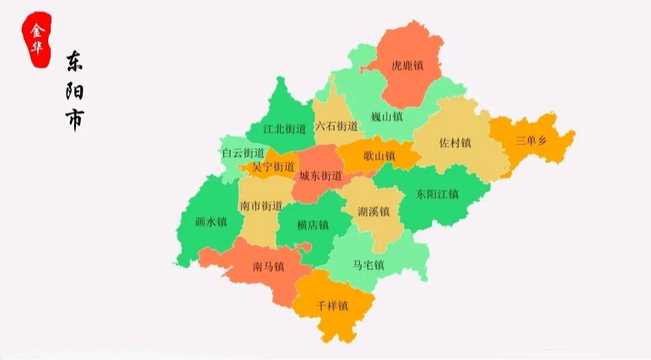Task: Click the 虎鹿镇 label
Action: (x=407, y=65)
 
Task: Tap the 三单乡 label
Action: (x=531, y=141)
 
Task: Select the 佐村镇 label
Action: (x=455, y=144)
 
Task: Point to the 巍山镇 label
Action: (x=386, y=116)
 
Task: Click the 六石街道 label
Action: (x=336, y=127)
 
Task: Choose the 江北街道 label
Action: (x=285, y=128)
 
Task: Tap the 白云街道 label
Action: (x=243, y=153)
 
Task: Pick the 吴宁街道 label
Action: (x=274, y=166)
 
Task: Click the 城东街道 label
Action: (x=320, y=176)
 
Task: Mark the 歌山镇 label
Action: (x=379, y=156)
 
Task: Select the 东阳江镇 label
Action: (x=438, y=194)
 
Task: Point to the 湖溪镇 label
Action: (x=374, y=212)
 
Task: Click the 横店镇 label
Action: (x=313, y=225)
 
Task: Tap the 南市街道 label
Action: (x=261, y=206)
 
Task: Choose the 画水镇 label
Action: (x=211, y=221)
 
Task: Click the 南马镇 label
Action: (x=268, y=267)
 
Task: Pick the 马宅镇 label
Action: (x=368, y=265)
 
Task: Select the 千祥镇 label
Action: (x=332, y=306)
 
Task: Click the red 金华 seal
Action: (x=37, y=40)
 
